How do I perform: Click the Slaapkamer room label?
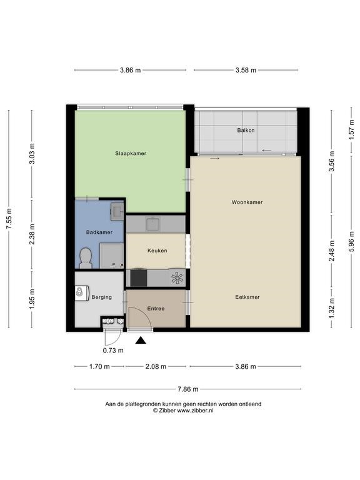click(x=131, y=153)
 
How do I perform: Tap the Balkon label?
click(x=246, y=130)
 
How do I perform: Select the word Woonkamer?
click(x=247, y=202)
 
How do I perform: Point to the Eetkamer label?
click(x=247, y=297)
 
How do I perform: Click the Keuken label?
click(x=157, y=251)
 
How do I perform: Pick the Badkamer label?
click(x=99, y=232)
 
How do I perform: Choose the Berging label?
click(x=102, y=297)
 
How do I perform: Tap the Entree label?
click(x=156, y=309)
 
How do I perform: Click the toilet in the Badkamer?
click(x=86, y=258)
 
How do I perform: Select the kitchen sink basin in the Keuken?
click(x=153, y=224)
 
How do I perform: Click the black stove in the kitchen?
click(x=139, y=278)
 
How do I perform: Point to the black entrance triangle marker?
click(x=141, y=340)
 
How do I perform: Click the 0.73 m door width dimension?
click(x=113, y=351)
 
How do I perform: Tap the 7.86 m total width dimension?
click(x=188, y=389)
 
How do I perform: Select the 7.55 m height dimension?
click(x=9, y=219)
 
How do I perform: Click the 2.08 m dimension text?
click(x=156, y=366)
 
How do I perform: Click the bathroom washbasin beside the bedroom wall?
click(x=117, y=211)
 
